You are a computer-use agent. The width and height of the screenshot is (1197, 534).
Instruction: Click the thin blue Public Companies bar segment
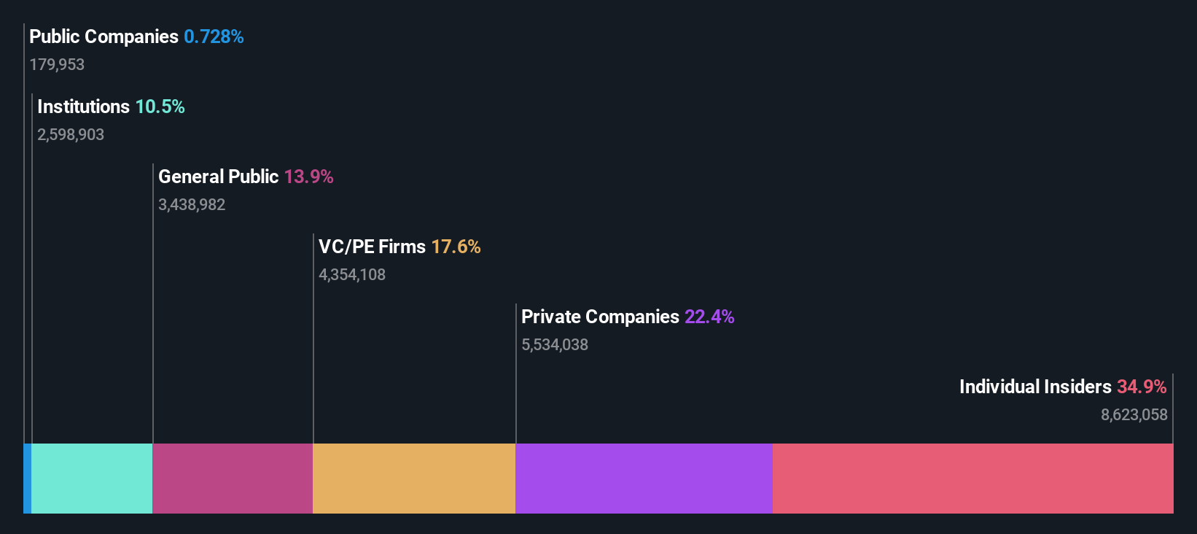27,479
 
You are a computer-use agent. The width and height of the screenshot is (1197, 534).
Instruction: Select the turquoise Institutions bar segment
92,479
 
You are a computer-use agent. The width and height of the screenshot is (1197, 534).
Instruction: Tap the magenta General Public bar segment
233,479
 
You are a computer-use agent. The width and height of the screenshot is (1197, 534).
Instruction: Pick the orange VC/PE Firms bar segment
414,479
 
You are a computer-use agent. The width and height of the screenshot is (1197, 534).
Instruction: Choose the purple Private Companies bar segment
644,479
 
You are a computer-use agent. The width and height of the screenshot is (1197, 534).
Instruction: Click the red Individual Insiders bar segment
972,479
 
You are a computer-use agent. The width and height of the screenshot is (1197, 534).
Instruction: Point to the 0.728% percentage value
214,36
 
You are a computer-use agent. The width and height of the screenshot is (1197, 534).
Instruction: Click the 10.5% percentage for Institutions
160,107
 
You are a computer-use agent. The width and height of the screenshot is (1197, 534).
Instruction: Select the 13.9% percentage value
308,177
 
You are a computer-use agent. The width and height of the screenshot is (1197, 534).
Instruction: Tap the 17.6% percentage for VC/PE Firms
456,247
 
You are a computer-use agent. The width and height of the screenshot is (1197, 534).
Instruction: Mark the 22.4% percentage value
709,317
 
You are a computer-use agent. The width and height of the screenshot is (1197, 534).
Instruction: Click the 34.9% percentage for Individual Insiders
1142,387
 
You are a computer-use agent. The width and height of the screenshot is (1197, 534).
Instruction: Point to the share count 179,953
57,65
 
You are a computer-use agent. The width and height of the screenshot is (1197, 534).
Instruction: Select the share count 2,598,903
71,135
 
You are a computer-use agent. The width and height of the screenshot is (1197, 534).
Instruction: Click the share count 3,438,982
192,205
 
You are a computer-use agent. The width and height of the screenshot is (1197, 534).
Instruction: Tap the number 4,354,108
352,275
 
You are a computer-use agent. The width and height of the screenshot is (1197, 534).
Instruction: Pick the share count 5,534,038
555,345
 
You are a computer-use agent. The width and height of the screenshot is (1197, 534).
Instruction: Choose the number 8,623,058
1134,415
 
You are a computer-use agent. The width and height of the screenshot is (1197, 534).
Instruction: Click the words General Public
218,177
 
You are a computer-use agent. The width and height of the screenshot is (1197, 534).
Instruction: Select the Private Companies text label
600,317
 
